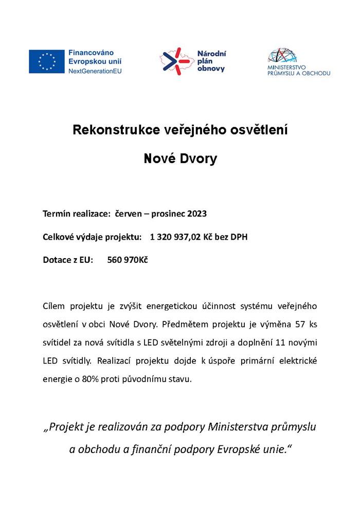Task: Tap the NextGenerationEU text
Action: [x=95, y=70]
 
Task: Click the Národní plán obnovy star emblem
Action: [x=173, y=61]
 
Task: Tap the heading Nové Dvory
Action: [x=180, y=158]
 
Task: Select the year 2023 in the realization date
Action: [x=197, y=213]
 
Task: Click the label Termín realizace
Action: [x=77, y=213]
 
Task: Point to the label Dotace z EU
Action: [x=68, y=260]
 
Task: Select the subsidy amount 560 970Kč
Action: [x=128, y=260]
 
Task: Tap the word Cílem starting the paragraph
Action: [x=55, y=306]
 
